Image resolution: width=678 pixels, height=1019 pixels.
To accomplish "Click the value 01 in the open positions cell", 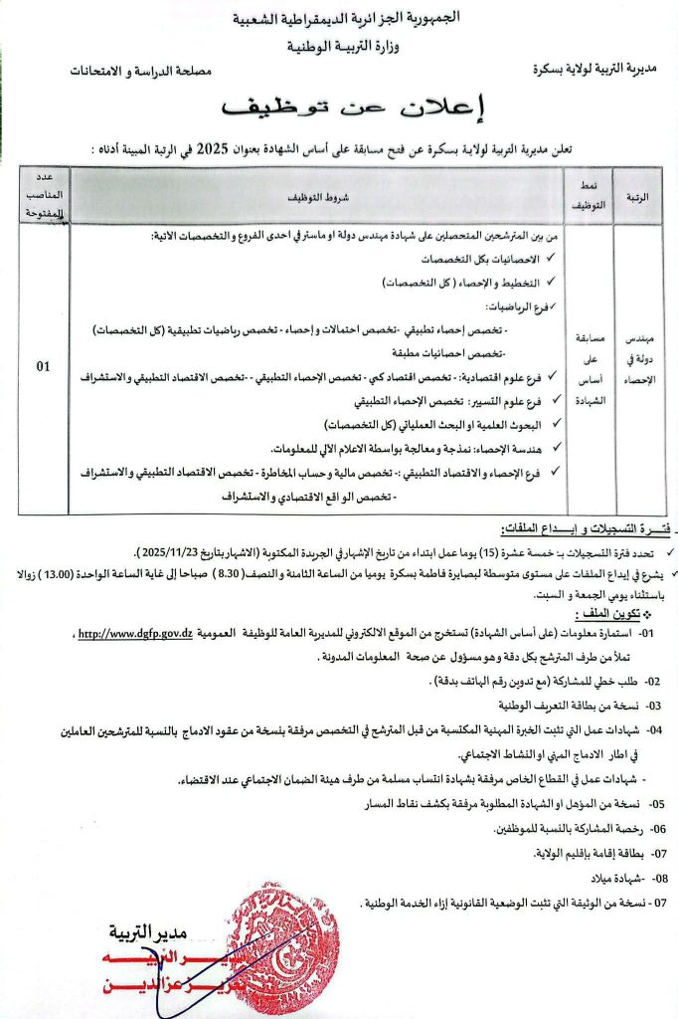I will click(44, 366).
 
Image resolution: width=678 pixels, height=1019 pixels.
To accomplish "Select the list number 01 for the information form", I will click(646, 634).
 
